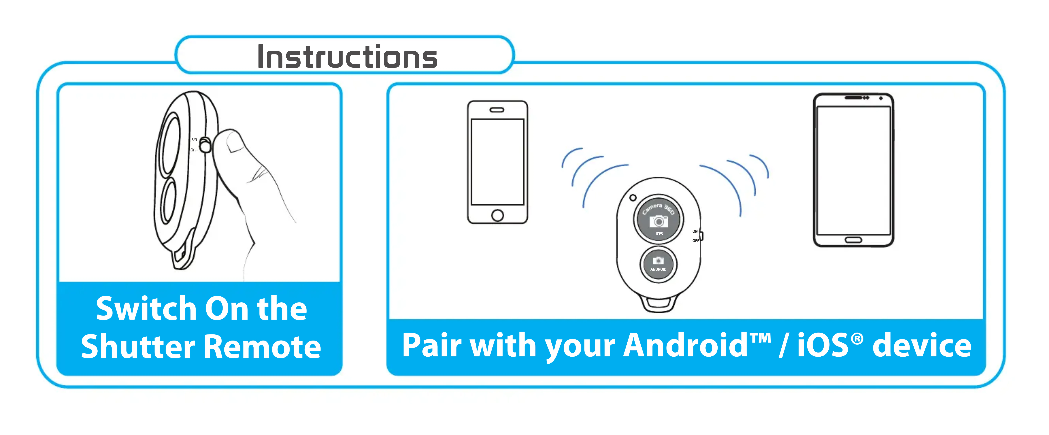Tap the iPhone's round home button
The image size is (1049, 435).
coord(497,215)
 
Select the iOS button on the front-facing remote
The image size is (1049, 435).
coord(658,220)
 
